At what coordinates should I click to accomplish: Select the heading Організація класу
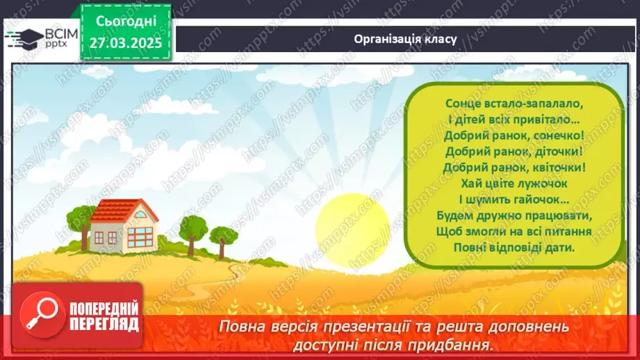(405, 39)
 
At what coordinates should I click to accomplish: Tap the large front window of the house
(141, 236)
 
